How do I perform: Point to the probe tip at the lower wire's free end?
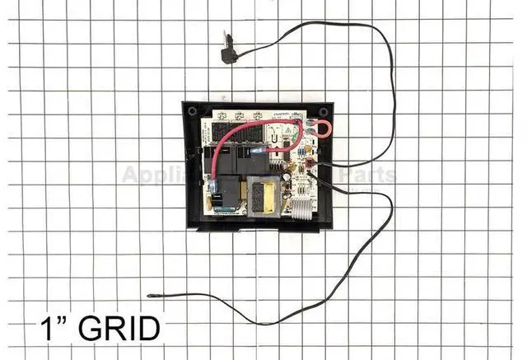154,294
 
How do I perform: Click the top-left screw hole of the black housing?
191,110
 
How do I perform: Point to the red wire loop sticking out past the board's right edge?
319,127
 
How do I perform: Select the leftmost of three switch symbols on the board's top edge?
218,115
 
